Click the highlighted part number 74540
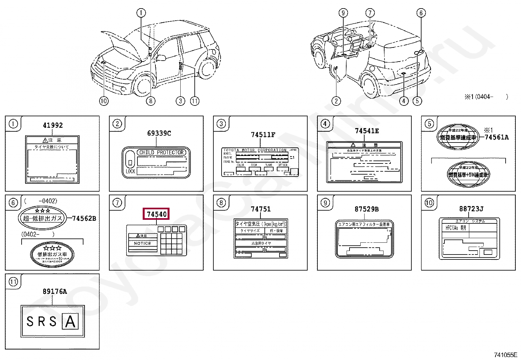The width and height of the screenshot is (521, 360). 156,214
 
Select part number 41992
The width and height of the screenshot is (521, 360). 53,125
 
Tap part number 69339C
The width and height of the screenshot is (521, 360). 159,133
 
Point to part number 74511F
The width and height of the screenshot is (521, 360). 263,135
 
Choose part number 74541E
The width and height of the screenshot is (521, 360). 367,131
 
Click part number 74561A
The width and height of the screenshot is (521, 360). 496,137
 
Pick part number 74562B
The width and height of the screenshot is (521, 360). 84,218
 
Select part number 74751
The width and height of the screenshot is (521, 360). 260,209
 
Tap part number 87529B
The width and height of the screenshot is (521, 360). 367,209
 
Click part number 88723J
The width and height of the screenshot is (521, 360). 471,209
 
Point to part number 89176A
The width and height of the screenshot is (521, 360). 55,292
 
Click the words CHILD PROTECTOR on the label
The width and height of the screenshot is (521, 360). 162,152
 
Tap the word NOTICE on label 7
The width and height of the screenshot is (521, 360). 142,243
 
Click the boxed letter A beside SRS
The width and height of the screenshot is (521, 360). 70,321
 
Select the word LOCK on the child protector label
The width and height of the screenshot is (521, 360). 130,172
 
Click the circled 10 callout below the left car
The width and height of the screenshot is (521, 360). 104,101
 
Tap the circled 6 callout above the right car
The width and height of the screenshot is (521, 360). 421,13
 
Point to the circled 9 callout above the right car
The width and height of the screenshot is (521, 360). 343,13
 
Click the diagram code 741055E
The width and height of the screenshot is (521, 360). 505,354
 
